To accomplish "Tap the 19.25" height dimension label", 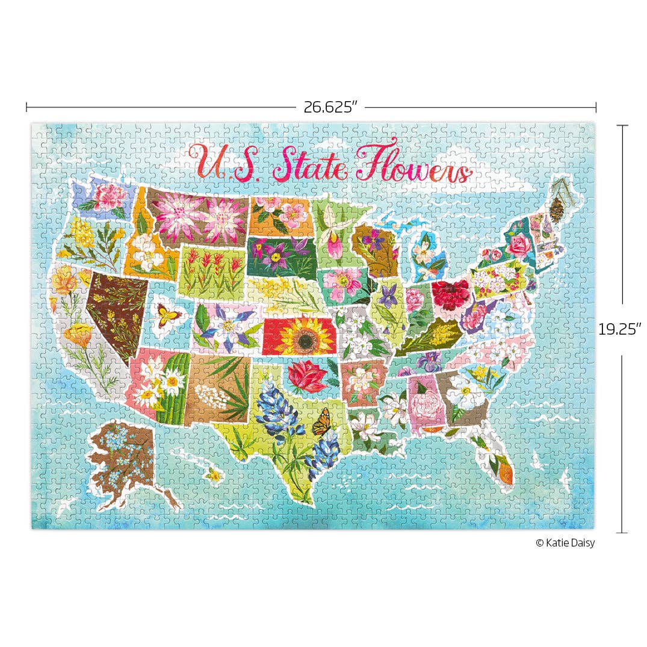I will [x=620, y=329].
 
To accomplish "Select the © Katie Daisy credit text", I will [x=565, y=543].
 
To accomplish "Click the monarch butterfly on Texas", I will [x=322, y=421].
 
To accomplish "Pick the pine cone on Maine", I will [x=557, y=208].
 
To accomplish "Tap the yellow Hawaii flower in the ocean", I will [x=214, y=475].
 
